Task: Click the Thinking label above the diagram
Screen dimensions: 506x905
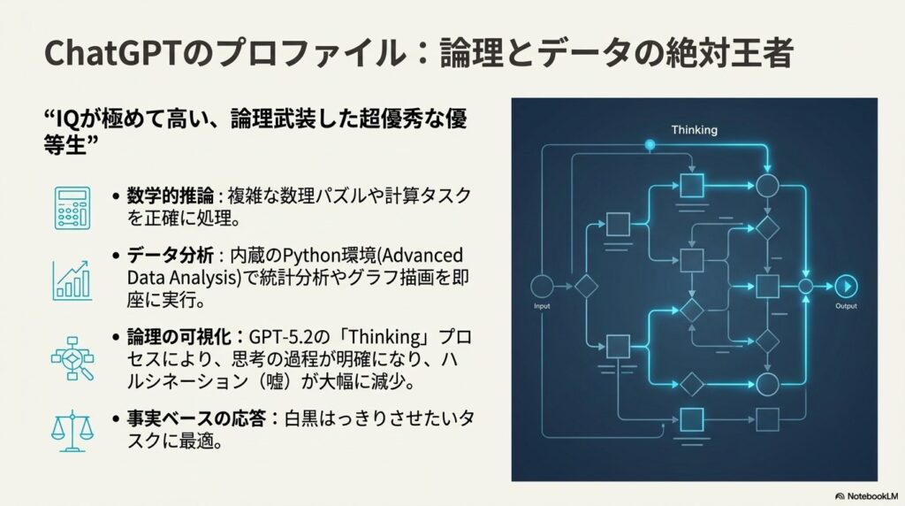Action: (x=694, y=130)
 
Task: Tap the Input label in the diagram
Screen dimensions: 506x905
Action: (x=542, y=306)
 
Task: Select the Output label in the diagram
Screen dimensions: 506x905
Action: (x=846, y=306)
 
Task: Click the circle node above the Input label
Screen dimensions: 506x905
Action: (x=542, y=286)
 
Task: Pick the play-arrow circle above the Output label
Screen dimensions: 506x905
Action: (x=846, y=286)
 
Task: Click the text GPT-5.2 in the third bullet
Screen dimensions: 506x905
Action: (x=280, y=338)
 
